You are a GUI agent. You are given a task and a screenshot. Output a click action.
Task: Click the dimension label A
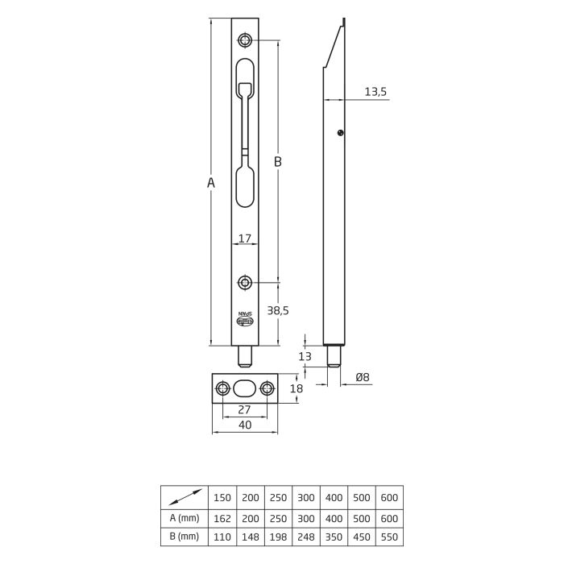(x=210, y=183)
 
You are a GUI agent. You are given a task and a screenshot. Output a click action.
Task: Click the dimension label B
(x=277, y=162)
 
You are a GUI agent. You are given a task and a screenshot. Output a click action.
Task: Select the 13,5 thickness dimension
(x=375, y=92)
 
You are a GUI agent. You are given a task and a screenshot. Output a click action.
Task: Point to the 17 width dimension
(x=245, y=238)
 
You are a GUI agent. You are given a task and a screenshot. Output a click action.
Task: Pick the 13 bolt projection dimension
(x=305, y=356)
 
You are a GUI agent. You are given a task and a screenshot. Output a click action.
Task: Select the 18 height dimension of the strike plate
(x=296, y=388)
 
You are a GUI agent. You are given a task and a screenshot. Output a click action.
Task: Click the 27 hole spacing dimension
(x=245, y=410)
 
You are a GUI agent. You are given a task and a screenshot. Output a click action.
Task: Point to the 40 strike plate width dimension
(x=245, y=425)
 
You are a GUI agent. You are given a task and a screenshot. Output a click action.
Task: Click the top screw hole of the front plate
(x=245, y=40)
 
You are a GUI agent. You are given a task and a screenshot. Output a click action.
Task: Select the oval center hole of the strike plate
(x=245, y=388)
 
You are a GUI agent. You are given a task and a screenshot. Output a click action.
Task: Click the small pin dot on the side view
(x=342, y=133)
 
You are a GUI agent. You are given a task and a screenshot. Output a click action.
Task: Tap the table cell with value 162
(x=222, y=517)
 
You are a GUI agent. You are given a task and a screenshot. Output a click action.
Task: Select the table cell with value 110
(x=222, y=536)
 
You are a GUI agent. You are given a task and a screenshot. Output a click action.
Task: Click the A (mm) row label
(x=185, y=517)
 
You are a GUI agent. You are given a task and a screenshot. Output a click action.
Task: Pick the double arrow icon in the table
(x=185, y=498)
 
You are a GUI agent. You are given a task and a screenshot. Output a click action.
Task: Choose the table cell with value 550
(x=388, y=536)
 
